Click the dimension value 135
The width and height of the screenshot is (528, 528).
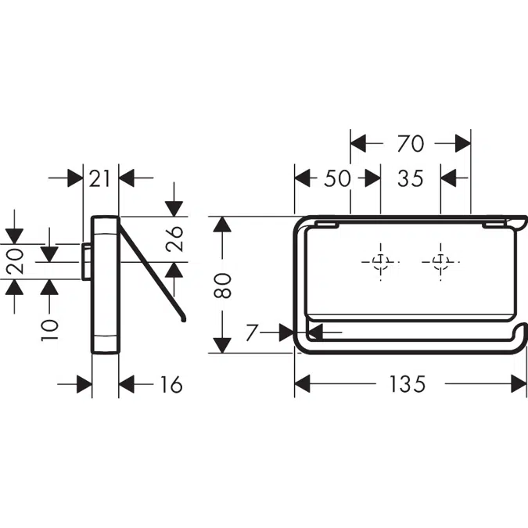tap(408, 384)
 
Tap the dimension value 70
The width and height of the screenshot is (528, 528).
tap(410, 143)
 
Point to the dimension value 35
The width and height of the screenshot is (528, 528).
tap(410, 178)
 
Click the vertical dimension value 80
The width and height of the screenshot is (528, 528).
tap(224, 284)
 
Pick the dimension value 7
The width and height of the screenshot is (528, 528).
tap(250, 333)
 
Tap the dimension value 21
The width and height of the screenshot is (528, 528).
tap(100, 178)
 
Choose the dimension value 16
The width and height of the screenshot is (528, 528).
tap(170, 384)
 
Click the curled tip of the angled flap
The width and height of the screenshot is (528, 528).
tap(183, 318)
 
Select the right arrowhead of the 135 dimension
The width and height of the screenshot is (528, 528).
tap(519, 384)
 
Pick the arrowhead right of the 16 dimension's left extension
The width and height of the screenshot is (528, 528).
tap(128, 384)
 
